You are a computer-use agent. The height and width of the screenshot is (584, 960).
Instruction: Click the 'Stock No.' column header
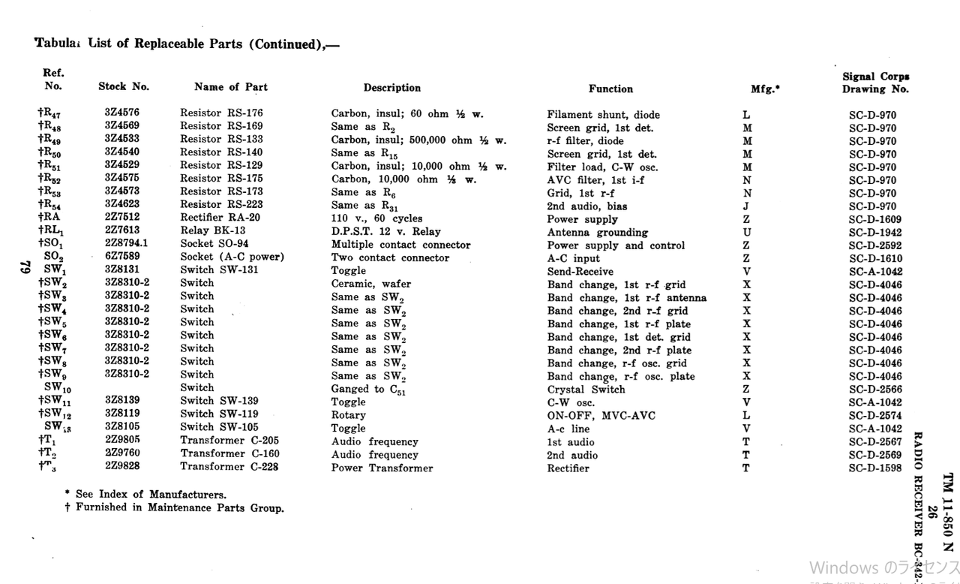click(x=124, y=86)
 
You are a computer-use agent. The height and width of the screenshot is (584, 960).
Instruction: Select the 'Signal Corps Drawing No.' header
click(x=875, y=83)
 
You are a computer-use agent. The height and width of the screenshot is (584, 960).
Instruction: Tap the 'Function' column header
click(x=610, y=89)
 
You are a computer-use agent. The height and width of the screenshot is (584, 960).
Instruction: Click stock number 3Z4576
click(x=122, y=113)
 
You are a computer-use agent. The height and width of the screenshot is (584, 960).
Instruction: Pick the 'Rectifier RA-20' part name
click(x=220, y=218)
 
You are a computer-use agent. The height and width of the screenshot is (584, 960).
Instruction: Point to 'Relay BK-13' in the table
click(x=213, y=230)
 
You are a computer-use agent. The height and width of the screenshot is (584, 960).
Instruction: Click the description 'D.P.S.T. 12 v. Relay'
click(x=386, y=231)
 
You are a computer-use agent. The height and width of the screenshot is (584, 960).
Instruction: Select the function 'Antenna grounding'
click(x=598, y=233)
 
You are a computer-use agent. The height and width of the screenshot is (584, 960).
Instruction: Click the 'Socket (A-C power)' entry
click(x=232, y=257)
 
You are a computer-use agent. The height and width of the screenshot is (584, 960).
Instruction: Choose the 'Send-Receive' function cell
click(x=580, y=271)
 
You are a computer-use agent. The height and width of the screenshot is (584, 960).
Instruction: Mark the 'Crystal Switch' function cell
click(x=586, y=390)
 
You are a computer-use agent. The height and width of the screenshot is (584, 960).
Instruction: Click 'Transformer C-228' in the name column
click(x=229, y=467)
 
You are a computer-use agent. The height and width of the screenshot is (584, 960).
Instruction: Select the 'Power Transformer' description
click(x=382, y=468)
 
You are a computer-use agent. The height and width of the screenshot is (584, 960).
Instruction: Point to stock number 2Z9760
click(x=122, y=453)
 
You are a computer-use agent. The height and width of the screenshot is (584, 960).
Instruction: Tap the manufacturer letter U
click(x=747, y=232)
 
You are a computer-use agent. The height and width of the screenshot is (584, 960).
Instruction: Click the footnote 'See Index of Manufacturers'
click(x=151, y=495)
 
